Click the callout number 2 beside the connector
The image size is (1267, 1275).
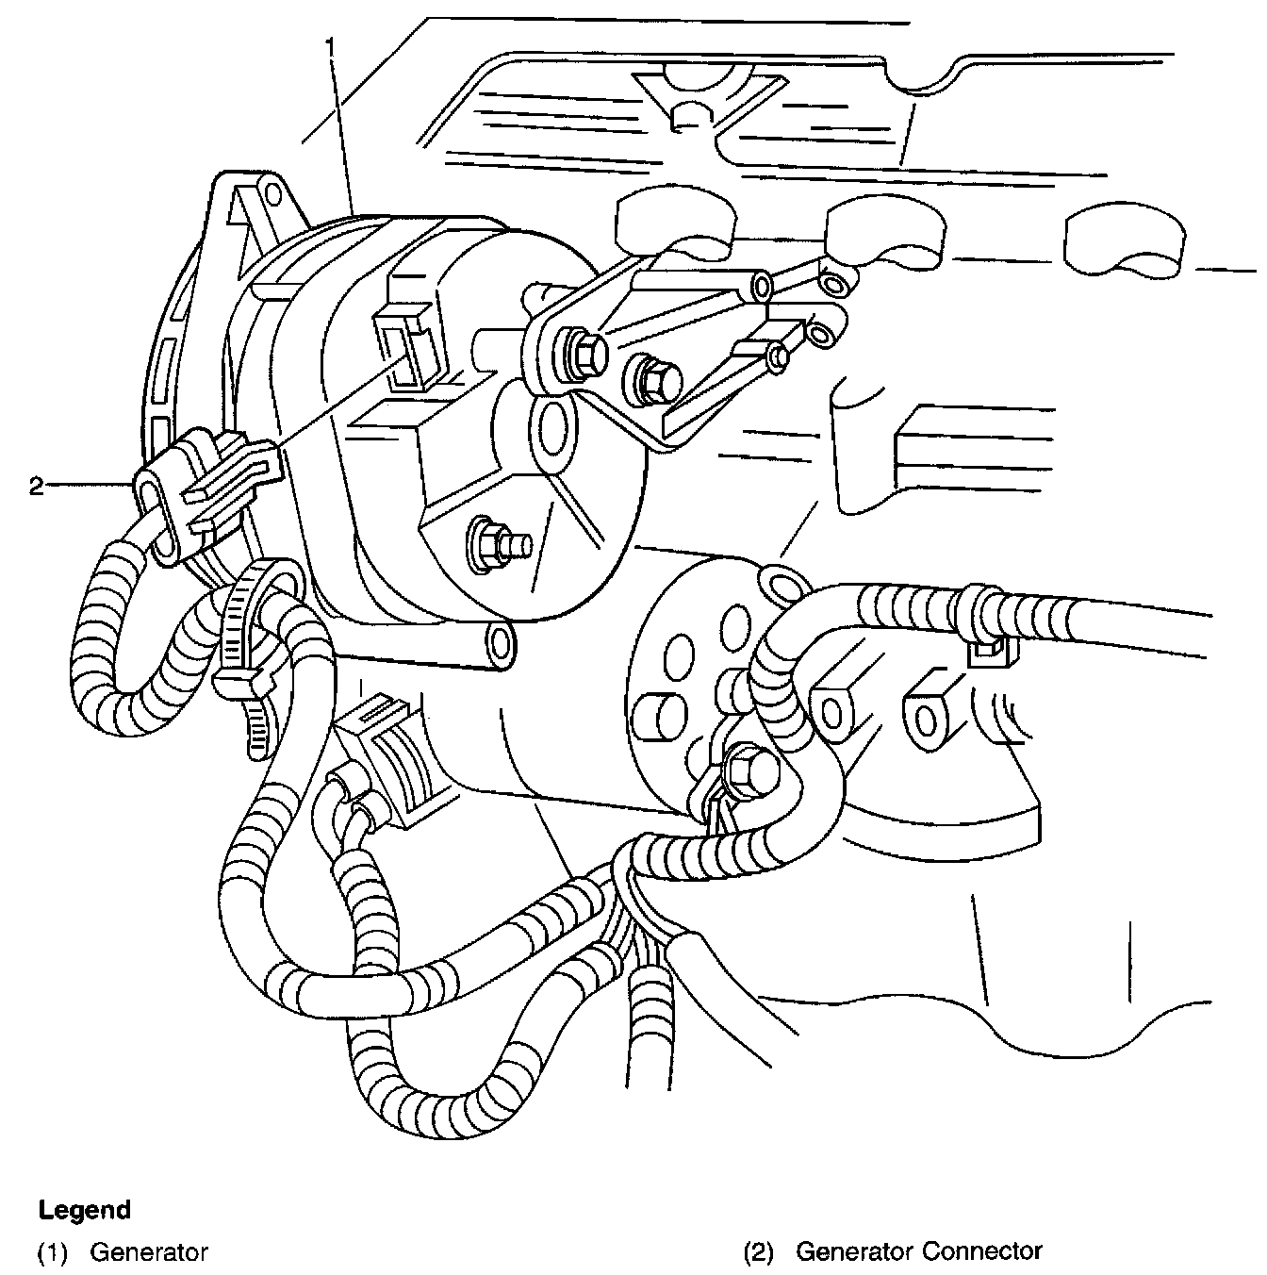pyautogui.click(x=36, y=487)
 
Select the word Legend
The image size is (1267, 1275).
pyautogui.click(x=84, y=1210)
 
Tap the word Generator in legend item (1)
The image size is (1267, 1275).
pyautogui.click(x=149, y=1252)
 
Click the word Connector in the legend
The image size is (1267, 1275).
pyautogui.click(x=982, y=1251)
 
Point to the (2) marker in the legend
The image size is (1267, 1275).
pyautogui.click(x=758, y=1252)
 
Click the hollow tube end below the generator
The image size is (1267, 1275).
pyautogui.click(x=498, y=643)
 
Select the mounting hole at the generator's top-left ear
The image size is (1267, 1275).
pyautogui.click(x=272, y=194)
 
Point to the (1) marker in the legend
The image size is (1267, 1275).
pyautogui.click(x=52, y=1252)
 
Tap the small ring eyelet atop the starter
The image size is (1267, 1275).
pyautogui.click(x=780, y=581)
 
